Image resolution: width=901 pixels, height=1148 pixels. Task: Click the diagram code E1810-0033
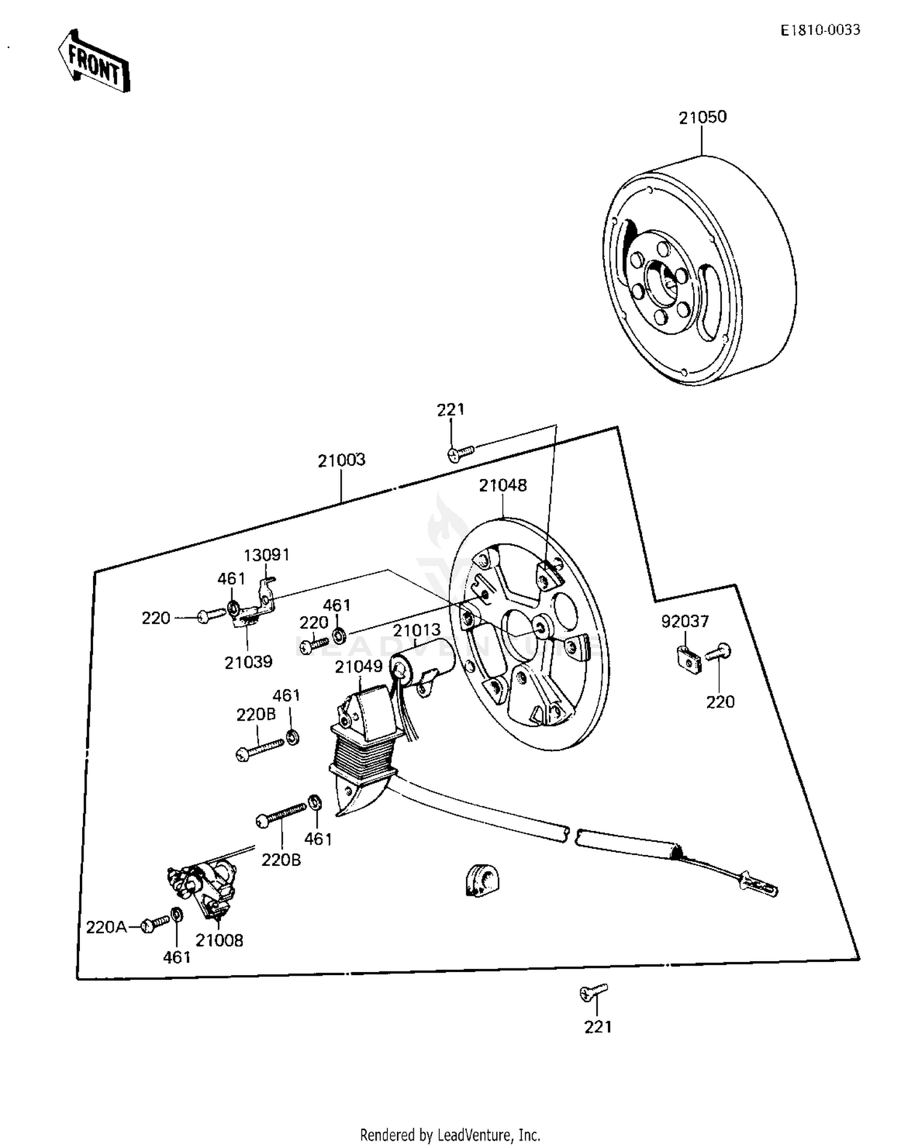[821, 30]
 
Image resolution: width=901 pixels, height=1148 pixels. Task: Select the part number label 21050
[702, 118]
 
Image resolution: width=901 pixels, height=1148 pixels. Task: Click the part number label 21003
[341, 461]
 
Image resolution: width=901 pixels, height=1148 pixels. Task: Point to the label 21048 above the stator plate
[502, 485]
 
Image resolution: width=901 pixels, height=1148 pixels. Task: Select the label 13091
[266, 555]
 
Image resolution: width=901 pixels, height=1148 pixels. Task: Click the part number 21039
[248, 662]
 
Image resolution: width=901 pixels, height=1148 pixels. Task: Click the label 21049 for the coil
[359, 666]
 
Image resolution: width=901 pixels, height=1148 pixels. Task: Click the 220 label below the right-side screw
[720, 701]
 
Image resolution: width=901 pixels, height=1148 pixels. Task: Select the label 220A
[106, 928]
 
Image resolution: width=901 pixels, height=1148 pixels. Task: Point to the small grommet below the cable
[483, 881]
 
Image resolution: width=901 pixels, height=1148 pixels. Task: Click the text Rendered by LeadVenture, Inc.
[450, 1135]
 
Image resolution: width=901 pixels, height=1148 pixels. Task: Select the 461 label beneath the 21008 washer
[177, 957]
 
